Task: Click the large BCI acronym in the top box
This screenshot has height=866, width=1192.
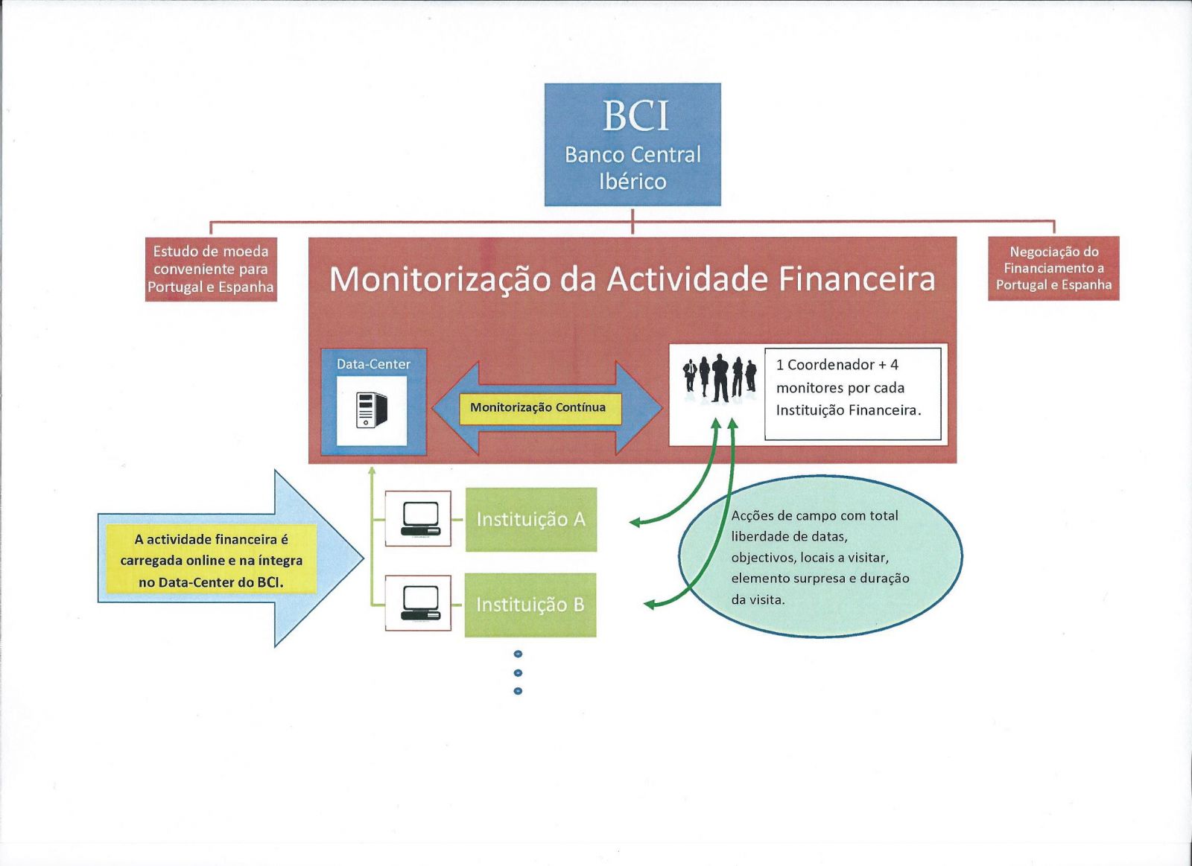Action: (635, 115)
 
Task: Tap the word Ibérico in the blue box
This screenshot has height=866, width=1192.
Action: (633, 181)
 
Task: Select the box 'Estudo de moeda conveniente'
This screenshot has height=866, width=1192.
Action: (211, 269)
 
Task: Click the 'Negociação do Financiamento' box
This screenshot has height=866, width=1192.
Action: (1053, 268)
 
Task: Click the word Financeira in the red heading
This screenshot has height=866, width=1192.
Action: (857, 279)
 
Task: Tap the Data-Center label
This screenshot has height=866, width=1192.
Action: (373, 364)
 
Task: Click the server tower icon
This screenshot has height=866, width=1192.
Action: (371, 410)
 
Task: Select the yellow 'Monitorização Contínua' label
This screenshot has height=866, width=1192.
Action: (538, 407)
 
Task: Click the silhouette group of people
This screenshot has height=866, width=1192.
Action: (720, 378)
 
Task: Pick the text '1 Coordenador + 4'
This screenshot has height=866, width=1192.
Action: (837, 365)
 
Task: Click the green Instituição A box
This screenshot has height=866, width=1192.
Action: (530, 519)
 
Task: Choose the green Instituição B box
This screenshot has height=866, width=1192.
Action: (530, 605)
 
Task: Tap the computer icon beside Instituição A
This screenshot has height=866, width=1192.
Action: (420, 518)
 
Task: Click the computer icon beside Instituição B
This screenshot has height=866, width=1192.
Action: (420, 603)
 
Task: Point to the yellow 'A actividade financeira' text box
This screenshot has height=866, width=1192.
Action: (212, 560)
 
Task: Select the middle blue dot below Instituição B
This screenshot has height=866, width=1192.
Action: (518, 672)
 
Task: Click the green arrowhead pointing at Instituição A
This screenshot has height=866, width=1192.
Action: (635, 522)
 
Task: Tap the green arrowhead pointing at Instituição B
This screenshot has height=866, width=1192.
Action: (649, 605)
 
